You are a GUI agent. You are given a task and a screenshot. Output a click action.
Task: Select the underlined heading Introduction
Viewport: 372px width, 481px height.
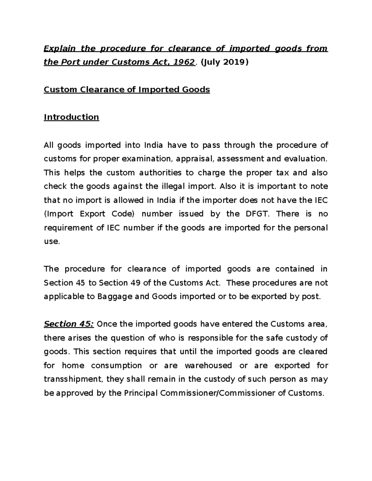pyautogui.click(x=71, y=117)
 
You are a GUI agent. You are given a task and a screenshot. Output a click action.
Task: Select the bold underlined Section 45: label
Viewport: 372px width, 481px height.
pyautogui.click(x=69, y=324)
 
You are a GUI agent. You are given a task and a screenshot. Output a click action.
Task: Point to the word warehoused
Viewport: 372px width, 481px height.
pyautogui.click(x=208, y=365)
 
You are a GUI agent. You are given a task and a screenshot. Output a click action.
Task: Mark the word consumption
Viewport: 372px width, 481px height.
pyautogui.click(x=116, y=365)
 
